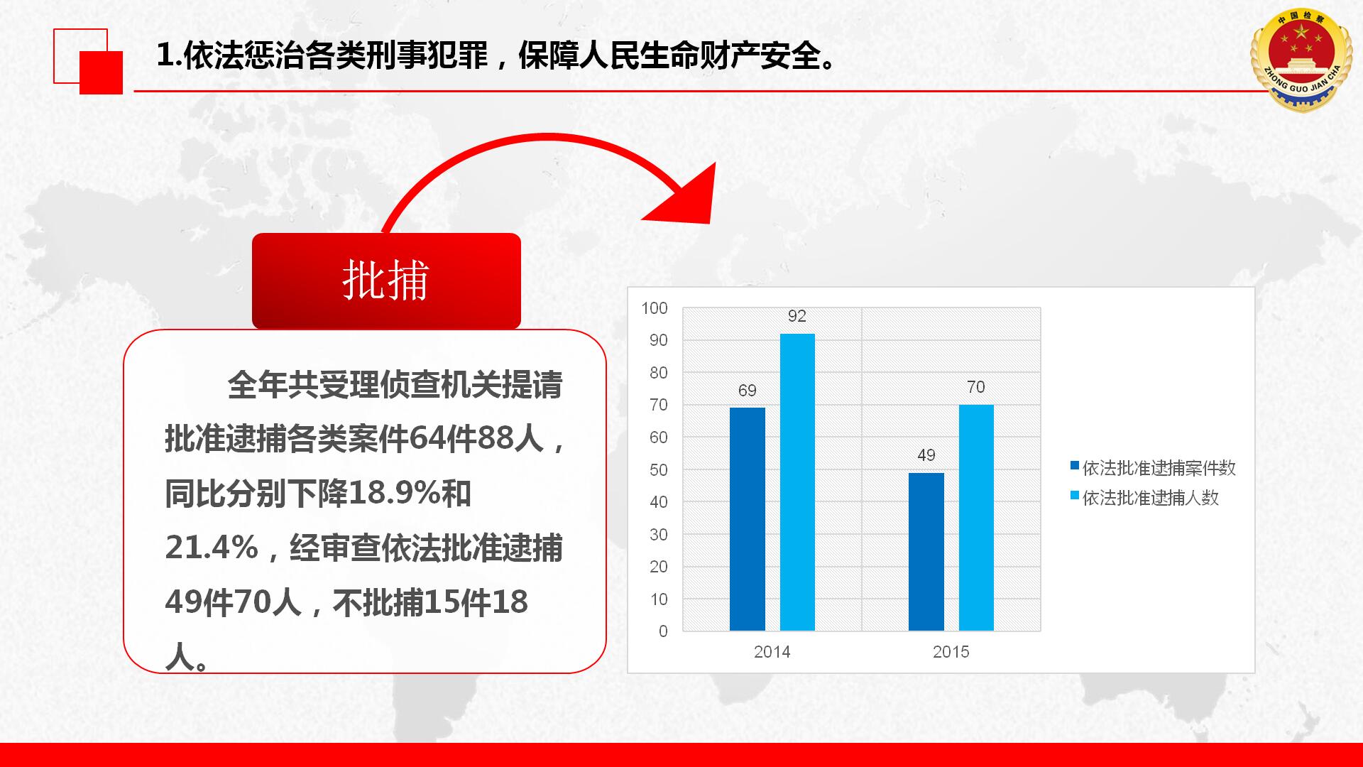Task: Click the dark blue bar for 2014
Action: [x=748, y=519]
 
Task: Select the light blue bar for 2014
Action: [x=797, y=482]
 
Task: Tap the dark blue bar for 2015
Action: [x=926, y=552]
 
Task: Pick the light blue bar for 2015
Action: [x=976, y=518]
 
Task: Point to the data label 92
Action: [x=797, y=316]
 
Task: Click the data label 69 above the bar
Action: [x=748, y=391]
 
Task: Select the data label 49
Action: [x=926, y=455]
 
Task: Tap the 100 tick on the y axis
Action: [x=655, y=308]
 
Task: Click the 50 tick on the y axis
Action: [x=659, y=470]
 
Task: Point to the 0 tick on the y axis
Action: [x=663, y=631]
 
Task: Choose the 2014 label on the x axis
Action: [x=772, y=652]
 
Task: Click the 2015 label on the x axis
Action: [x=951, y=652]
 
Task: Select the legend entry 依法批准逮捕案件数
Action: [x=1154, y=468]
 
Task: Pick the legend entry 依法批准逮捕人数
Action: [x=1145, y=498]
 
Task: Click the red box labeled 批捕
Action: [x=386, y=281]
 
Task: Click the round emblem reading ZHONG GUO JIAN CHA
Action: [x=1301, y=61]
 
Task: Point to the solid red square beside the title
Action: [x=101, y=72]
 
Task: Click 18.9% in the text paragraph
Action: [x=394, y=494]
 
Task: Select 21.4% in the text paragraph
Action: [x=212, y=548]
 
